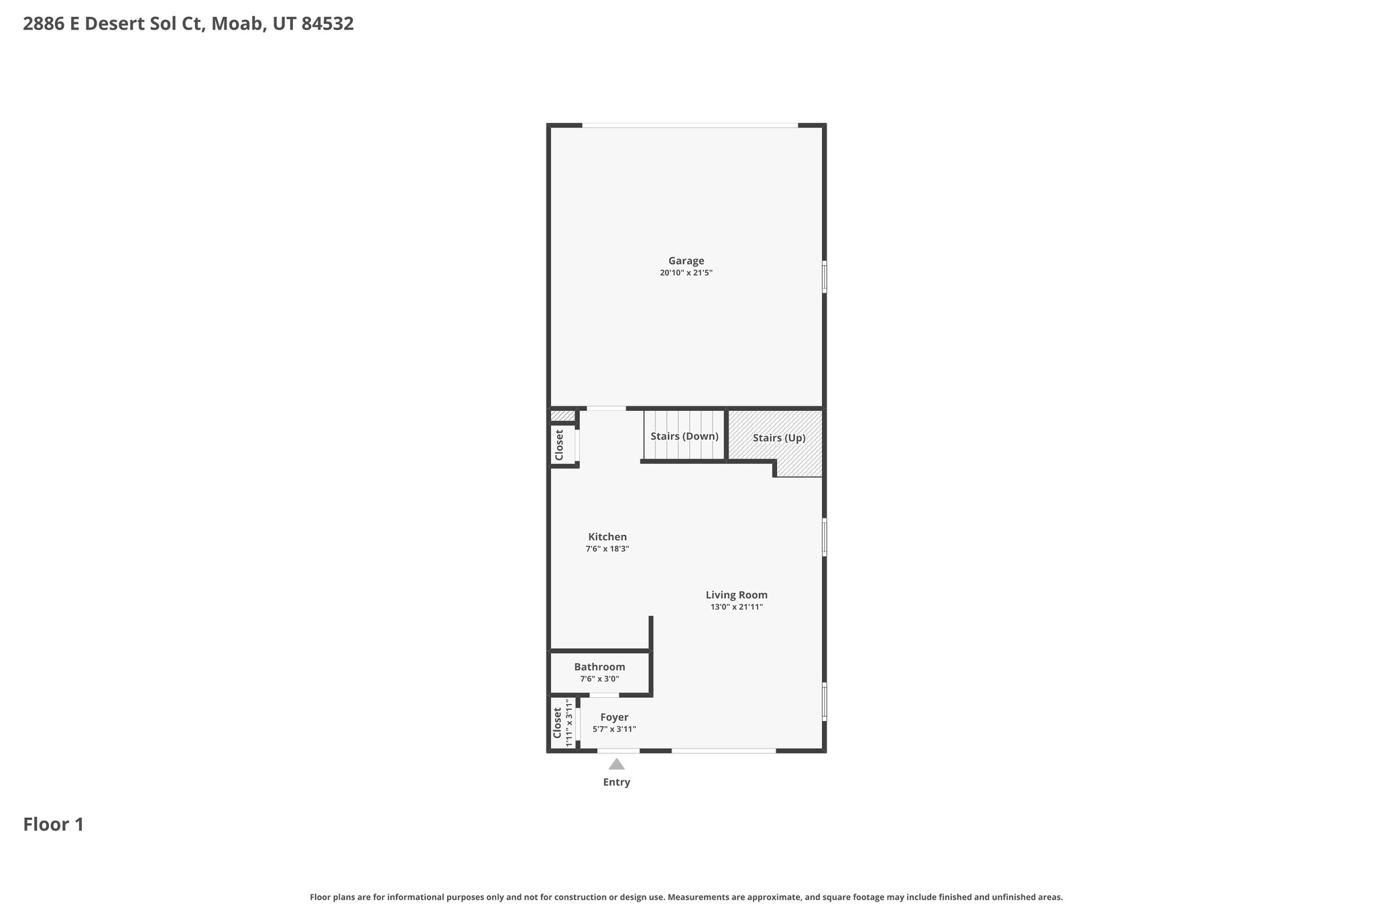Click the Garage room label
point(686,261)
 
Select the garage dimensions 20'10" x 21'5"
point(686,273)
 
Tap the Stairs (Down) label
point(684,436)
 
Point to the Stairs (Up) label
point(779,438)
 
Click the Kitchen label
point(607,537)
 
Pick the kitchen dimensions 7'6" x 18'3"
point(607,549)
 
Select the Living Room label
point(736,595)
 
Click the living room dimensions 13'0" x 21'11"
point(737,607)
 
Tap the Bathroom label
point(599,667)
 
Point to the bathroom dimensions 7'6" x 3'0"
point(599,679)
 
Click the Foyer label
point(614,717)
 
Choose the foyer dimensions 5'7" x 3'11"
point(614,729)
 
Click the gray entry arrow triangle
point(617,764)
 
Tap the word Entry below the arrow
point(617,782)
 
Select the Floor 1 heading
point(54,825)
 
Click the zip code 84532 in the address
point(327,24)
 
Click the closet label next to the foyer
point(557,723)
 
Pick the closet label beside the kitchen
point(560,444)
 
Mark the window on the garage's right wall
point(825,277)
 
